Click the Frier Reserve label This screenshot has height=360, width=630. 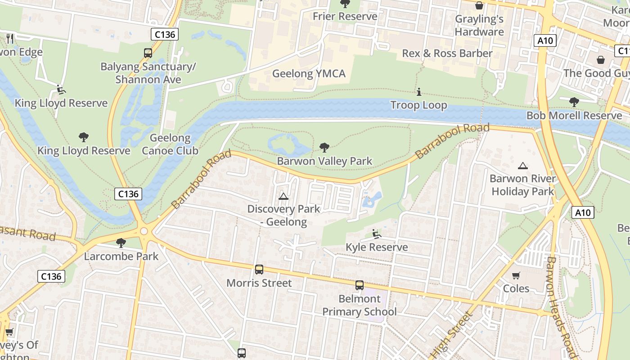click(345, 17)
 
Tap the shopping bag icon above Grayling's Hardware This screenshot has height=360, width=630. click(479, 5)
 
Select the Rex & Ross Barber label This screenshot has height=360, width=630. click(447, 53)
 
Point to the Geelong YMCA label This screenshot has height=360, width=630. click(309, 73)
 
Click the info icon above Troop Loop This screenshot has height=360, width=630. click(419, 92)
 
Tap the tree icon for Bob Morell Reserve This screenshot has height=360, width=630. click(574, 102)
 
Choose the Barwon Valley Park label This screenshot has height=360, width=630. click(324, 161)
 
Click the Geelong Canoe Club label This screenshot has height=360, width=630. click(170, 144)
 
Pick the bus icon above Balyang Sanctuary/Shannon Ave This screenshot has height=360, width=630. click(148, 53)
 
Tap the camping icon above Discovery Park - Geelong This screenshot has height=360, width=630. click(283, 196)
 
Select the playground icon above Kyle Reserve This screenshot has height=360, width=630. click(376, 234)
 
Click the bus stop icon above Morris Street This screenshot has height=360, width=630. click(259, 270)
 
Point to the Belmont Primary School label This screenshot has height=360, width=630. click(360, 305)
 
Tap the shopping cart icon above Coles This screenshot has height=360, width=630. click(516, 275)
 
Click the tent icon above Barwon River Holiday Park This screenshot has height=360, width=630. click(522, 166)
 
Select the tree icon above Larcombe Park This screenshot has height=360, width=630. click(121, 243)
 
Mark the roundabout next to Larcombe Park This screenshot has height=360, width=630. click(144, 231)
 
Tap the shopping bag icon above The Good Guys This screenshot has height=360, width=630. click(600, 60)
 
